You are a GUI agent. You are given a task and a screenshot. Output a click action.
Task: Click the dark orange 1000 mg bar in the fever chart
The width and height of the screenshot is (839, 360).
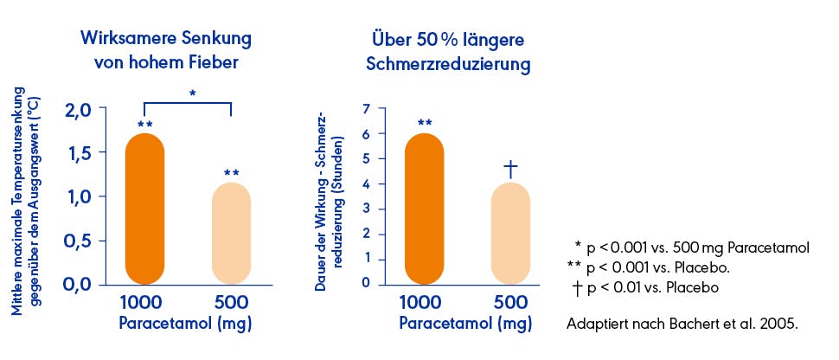click(144, 209)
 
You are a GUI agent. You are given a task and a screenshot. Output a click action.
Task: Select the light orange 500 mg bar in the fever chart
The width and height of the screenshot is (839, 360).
click(231, 234)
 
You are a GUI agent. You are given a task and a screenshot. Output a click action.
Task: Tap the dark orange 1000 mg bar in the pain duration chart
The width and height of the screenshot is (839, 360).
click(424, 209)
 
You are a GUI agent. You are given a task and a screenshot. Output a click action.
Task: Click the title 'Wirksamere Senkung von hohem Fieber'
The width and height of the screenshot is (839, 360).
click(166, 51)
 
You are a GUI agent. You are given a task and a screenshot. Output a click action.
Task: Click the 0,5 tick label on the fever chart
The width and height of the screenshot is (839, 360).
click(85, 241)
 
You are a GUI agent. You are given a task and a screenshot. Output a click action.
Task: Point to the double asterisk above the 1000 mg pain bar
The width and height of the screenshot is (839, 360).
click(425, 124)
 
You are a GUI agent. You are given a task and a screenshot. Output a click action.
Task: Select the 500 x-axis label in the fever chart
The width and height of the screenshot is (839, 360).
click(231, 303)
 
